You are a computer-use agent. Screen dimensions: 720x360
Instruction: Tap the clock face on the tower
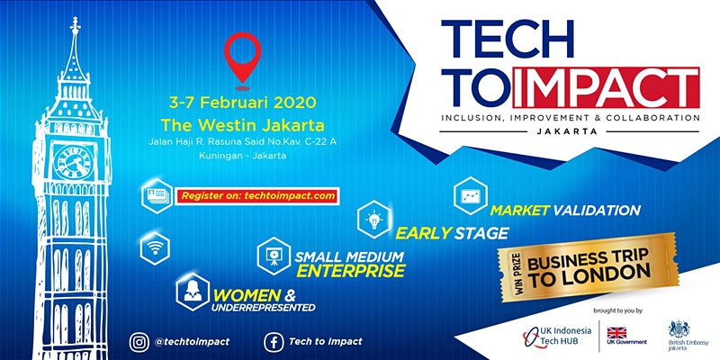73,162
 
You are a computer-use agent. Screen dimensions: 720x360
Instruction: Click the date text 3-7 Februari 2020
242,103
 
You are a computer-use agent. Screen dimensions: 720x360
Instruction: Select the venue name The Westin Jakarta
242,125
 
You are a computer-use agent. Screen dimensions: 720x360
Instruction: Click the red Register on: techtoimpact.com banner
257,196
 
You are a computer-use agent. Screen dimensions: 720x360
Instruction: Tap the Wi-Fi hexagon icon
155,248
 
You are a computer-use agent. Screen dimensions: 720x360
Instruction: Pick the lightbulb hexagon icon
374,220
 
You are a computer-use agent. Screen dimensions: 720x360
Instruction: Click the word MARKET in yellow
520,211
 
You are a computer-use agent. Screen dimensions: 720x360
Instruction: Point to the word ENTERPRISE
351,271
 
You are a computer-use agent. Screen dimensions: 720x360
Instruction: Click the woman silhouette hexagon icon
193,292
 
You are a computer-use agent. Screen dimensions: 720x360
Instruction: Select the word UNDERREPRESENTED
264,307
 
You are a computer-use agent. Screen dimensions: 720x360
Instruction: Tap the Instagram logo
139,342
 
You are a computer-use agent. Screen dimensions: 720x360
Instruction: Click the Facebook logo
274,342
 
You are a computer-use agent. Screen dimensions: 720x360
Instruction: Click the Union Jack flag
616,332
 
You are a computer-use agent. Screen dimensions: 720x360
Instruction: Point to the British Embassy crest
679,328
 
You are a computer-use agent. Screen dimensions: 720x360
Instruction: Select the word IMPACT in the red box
606,88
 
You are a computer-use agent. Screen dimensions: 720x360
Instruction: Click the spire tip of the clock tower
74,18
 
